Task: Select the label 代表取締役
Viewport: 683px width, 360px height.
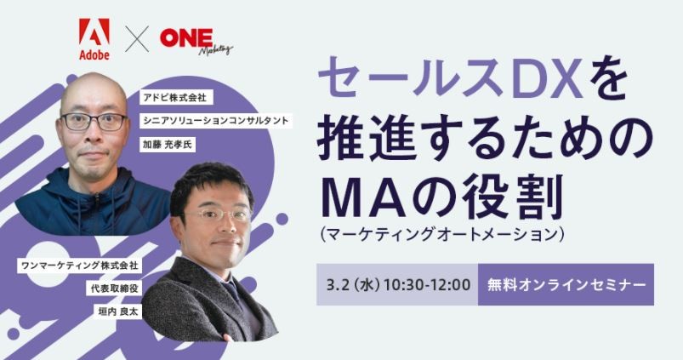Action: click(117, 289)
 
